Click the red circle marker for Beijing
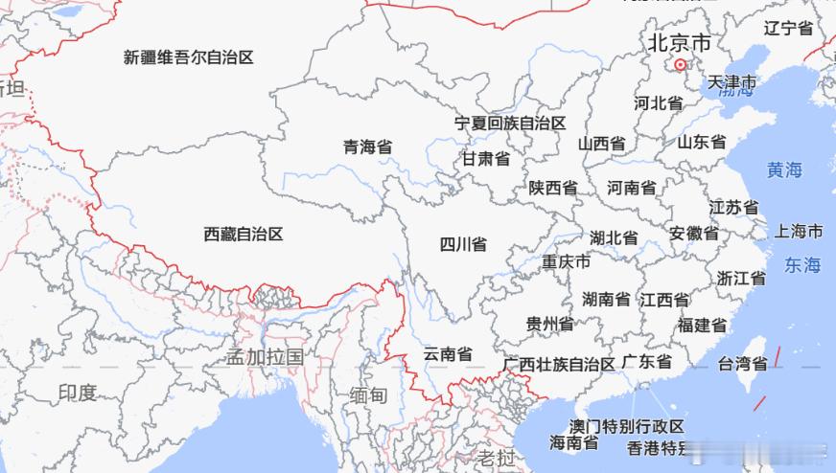pos(680,65)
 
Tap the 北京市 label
pos(680,43)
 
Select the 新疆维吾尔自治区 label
pos(189,57)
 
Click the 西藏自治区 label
pos(244,234)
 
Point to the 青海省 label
pos(368,147)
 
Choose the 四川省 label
pos(463,244)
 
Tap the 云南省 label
pos(448,354)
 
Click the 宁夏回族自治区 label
pos(510,124)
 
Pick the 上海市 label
pos(799,232)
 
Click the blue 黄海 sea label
pos(784,170)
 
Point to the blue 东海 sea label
pos(802,265)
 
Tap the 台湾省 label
pos(742,364)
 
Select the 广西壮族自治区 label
pos(559,365)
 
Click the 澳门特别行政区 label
pos(627,426)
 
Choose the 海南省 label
pos(574,442)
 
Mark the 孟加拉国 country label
pos(265,357)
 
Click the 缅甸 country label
pos(368,395)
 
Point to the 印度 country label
pos(77,393)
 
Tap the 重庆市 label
pos(566,261)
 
